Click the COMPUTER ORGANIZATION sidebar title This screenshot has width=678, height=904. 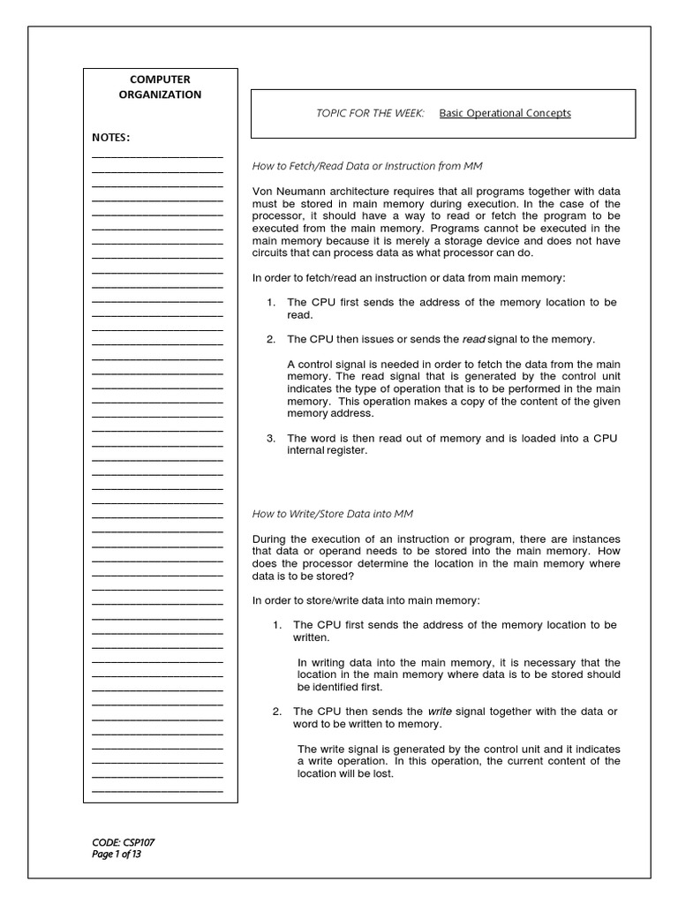161,87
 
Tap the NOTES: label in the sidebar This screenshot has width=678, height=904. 111,138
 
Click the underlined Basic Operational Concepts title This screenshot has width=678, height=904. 505,113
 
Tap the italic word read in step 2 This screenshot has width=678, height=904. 474,339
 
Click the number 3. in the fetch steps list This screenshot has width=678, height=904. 271,438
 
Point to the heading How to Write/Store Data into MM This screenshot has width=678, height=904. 333,514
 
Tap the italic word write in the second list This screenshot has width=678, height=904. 440,711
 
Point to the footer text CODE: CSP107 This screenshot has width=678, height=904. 123,842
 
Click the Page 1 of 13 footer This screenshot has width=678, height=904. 117,854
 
